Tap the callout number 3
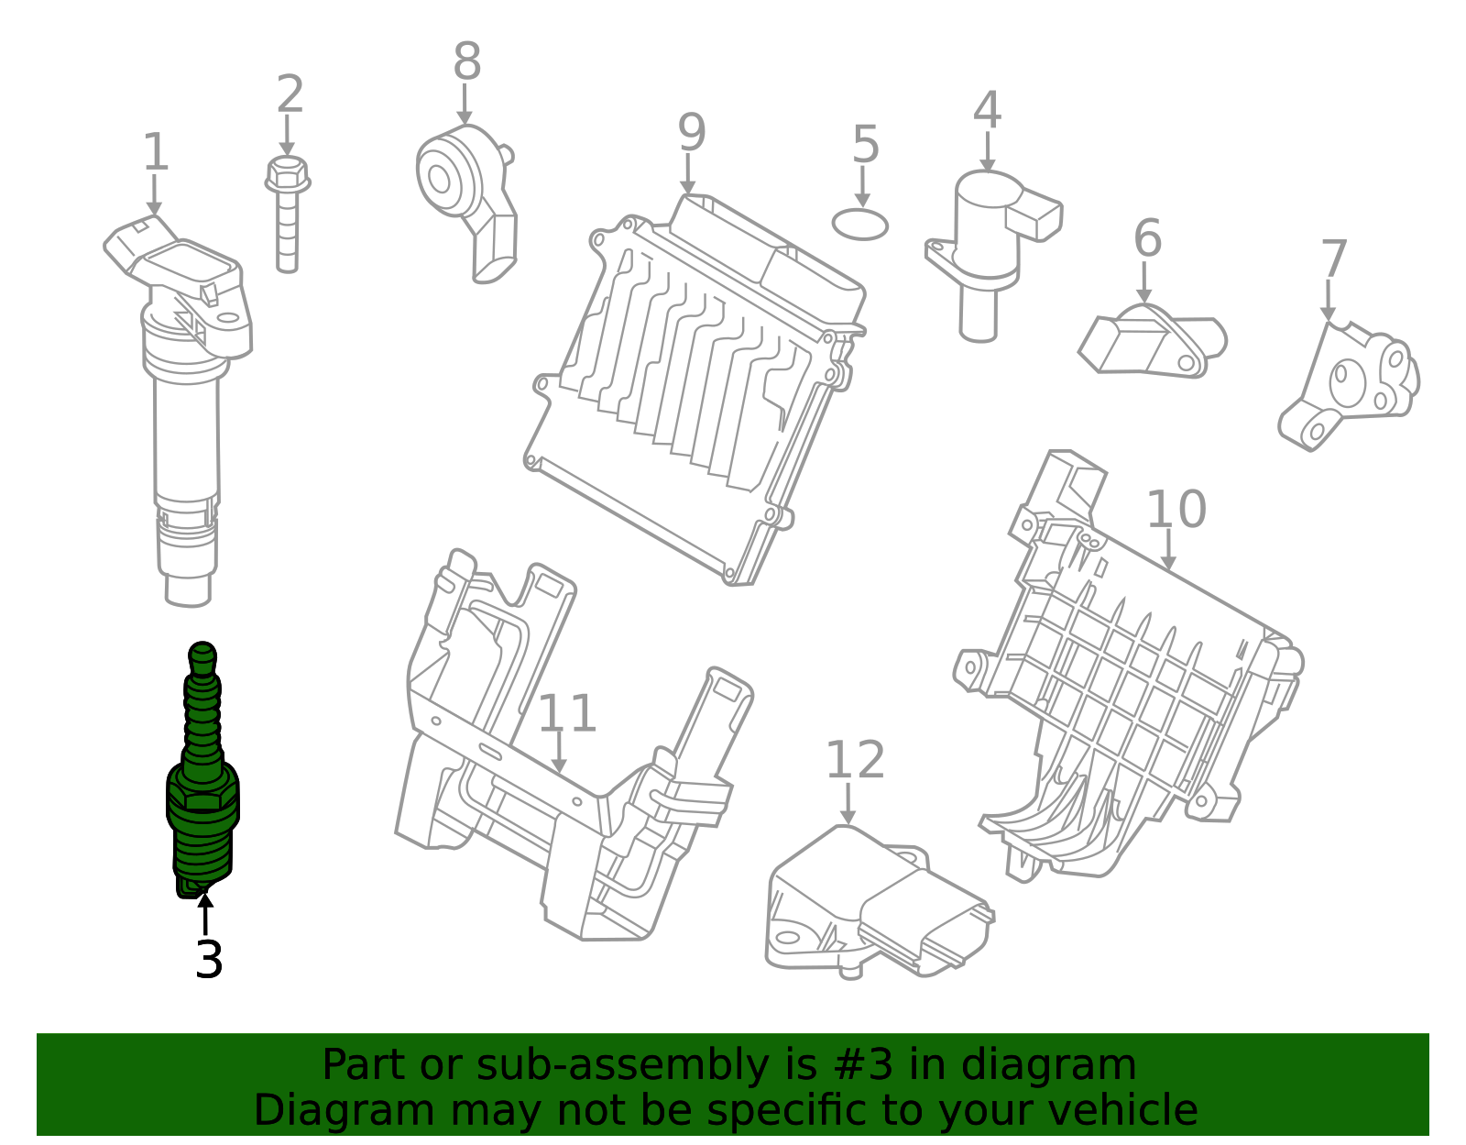click(209, 960)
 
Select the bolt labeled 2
click(288, 214)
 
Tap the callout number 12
click(855, 760)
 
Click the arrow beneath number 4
click(987, 152)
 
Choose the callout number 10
click(1176, 510)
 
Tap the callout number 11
click(567, 713)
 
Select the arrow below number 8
click(465, 105)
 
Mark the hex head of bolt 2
click(288, 174)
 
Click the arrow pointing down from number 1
click(155, 195)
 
